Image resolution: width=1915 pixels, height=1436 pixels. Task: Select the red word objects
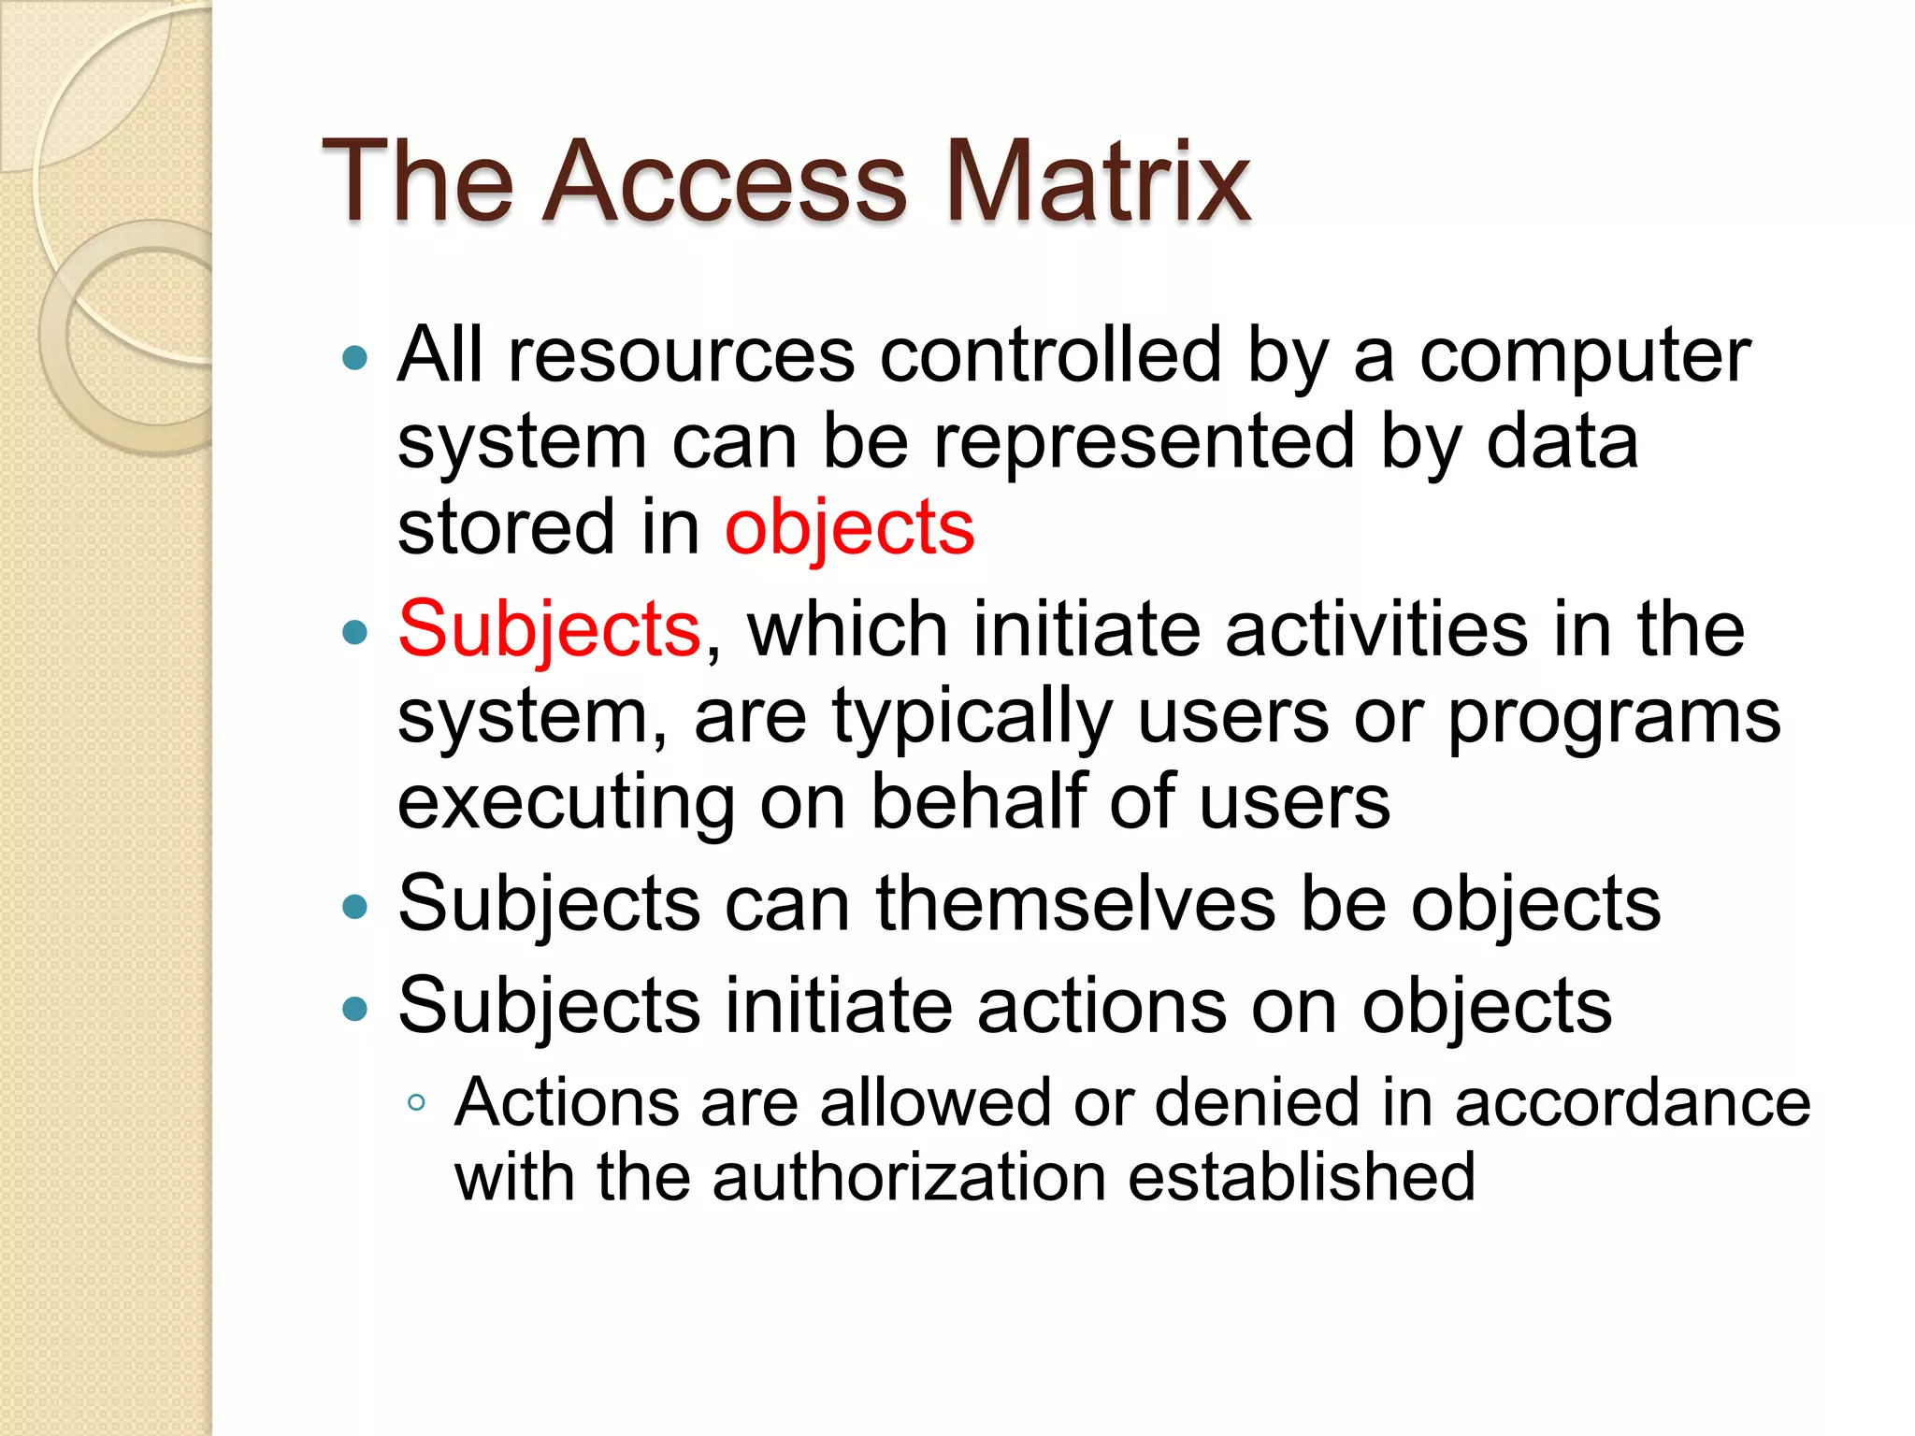click(x=849, y=528)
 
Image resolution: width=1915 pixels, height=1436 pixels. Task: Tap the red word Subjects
click(x=550, y=628)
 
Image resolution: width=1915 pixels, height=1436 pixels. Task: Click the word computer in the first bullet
click(x=1585, y=357)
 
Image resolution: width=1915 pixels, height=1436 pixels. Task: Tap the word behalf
click(x=978, y=801)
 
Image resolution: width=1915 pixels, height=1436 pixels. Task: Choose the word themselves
click(x=1075, y=904)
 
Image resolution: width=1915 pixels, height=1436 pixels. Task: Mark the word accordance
click(x=1633, y=1103)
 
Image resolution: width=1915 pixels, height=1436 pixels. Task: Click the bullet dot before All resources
click(x=355, y=358)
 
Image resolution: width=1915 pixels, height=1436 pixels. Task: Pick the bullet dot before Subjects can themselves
click(x=355, y=906)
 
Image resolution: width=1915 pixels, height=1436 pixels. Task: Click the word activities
click(x=1376, y=629)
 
